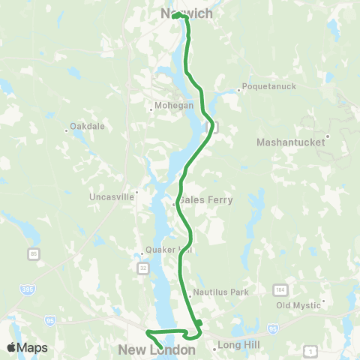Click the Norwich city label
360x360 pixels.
click(x=187, y=13)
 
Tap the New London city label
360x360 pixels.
click(x=157, y=349)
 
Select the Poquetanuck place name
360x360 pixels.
click(x=268, y=86)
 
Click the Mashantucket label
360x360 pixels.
click(x=292, y=142)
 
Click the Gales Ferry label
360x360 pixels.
click(x=205, y=200)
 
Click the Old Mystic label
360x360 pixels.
click(x=298, y=306)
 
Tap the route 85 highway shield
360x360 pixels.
click(x=34, y=253)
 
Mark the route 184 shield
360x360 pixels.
click(x=280, y=289)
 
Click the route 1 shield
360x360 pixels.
click(x=309, y=350)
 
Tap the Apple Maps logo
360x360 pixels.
click(x=27, y=347)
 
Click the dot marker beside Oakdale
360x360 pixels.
click(x=67, y=130)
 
